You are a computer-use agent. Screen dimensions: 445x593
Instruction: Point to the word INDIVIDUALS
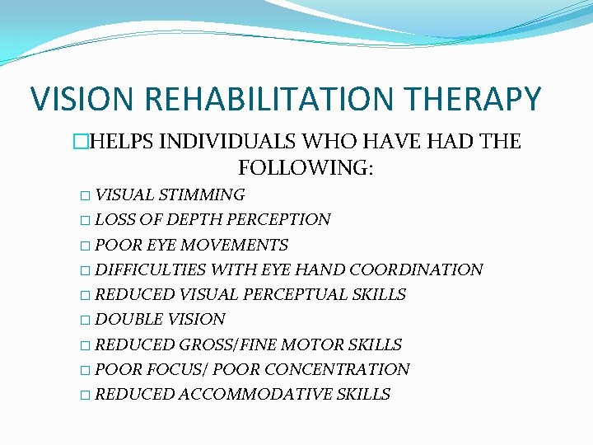coord(240,142)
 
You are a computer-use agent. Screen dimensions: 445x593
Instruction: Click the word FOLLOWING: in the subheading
coord(306,168)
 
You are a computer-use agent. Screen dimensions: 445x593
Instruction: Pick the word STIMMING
coord(202,195)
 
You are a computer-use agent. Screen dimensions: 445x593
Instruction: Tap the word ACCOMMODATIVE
coord(254,394)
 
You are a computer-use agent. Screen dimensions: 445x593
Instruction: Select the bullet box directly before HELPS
coord(126,142)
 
